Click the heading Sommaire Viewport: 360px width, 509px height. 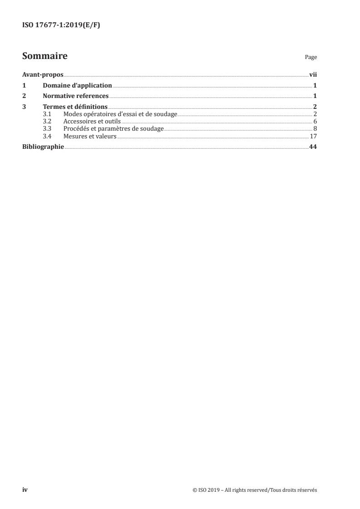pyautogui.click(x=45, y=56)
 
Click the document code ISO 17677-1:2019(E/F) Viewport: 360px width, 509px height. pyautogui.click(x=61, y=25)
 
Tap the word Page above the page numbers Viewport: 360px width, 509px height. pyautogui.click(x=311, y=57)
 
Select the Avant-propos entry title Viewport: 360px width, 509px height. pyautogui.click(x=43, y=75)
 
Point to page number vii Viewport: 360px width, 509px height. pyautogui.click(x=313, y=75)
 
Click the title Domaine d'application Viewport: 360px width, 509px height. pyautogui.click(x=77, y=85)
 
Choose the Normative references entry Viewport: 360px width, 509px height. pyautogui.click(x=75, y=96)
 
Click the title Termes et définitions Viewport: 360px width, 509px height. pyautogui.click(x=75, y=107)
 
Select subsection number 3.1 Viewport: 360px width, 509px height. pyautogui.click(x=47, y=114)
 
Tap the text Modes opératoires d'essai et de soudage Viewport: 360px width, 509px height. pyautogui.click(x=120, y=114)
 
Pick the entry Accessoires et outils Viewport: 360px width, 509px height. pyautogui.click(x=92, y=121)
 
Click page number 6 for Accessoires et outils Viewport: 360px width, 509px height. pyautogui.click(x=315, y=121)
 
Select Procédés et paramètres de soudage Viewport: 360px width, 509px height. pyautogui.click(x=113, y=128)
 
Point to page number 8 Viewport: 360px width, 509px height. pyautogui.click(x=315, y=128)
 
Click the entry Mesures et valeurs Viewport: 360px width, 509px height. pyautogui.click(x=90, y=136)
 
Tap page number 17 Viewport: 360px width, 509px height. pyautogui.click(x=313, y=136)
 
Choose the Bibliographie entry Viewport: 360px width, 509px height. pyautogui.click(x=43, y=147)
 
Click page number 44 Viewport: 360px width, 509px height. pyautogui.click(x=313, y=147)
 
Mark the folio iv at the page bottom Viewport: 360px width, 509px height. pyautogui.click(x=25, y=490)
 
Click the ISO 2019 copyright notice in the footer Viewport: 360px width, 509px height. pyautogui.click(x=255, y=490)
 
